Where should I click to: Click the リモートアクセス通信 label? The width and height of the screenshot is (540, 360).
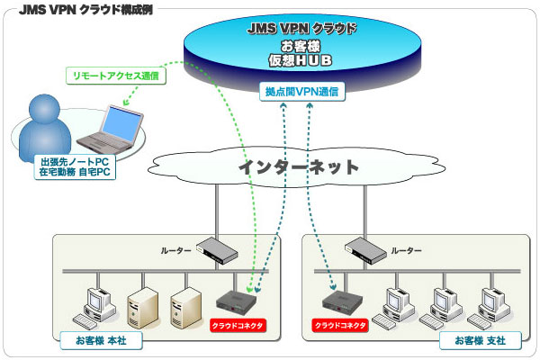[x=115, y=76]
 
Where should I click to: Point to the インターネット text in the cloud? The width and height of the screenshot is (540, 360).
[x=298, y=167]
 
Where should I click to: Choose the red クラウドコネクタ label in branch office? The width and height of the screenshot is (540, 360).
[x=340, y=324]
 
